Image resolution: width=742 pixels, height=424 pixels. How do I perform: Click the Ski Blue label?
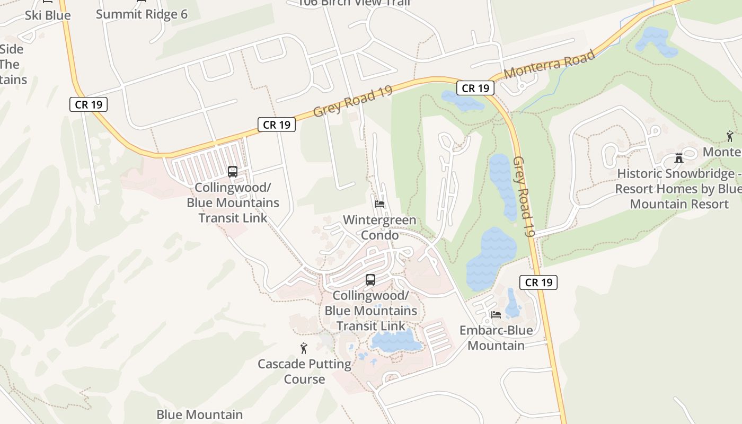point(48,15)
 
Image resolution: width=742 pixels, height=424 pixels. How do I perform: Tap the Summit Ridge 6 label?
point(142,14)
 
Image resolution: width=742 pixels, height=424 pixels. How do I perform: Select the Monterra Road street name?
point(549,65)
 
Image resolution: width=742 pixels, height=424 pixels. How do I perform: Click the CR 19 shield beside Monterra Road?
point(475,88)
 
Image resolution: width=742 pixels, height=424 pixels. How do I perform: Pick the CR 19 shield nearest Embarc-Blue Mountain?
point(538,282)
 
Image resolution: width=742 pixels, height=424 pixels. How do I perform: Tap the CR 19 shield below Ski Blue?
point(89,104)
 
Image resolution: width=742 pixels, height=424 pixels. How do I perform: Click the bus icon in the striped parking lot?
point(232,172)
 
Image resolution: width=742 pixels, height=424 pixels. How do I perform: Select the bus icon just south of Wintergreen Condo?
point(370,280)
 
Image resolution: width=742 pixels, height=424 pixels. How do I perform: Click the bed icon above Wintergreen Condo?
point(379,204)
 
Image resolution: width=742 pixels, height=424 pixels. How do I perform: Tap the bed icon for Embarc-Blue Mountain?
point(496,314)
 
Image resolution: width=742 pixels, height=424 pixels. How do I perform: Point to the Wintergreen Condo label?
point(379,227)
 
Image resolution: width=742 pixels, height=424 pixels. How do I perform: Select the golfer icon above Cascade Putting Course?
point(304,348)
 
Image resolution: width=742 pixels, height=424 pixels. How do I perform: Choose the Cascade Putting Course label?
point(304,372)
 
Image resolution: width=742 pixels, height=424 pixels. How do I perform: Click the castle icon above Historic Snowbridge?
point(679,157)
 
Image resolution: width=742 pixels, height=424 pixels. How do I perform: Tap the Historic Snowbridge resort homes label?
point(679,189)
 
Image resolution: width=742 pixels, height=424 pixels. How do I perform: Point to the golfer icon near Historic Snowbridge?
point(730,136)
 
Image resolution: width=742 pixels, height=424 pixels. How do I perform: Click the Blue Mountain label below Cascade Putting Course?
point(200,414)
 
